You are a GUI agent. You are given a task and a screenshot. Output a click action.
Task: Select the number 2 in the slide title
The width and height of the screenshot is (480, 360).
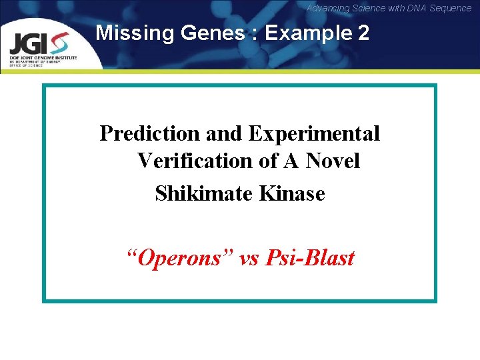(363, 33)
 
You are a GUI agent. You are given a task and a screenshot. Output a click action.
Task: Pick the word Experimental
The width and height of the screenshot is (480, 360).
(314, 133)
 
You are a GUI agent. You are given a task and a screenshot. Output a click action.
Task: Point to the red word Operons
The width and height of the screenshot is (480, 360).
(179, 257)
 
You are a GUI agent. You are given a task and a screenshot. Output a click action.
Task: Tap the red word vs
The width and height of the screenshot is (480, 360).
(248, 257)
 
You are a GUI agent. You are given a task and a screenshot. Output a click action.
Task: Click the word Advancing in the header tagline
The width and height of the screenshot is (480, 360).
(328, 8)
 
